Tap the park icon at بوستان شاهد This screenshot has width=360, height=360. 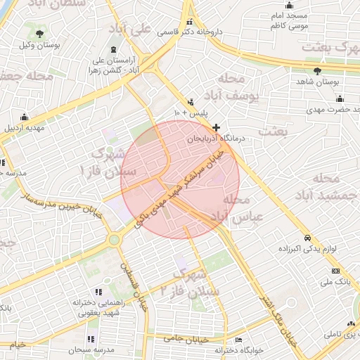[x=318, y=72]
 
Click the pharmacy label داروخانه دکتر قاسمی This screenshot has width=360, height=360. [x=186, y=32]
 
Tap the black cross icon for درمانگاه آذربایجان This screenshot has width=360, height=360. [x=216, y=128]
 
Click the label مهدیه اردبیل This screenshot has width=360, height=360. [x=26, y=129]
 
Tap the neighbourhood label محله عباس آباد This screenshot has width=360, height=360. [x=239, y=209]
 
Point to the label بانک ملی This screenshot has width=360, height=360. [x=335, y=282]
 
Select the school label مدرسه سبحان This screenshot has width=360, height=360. [x=91, y=349]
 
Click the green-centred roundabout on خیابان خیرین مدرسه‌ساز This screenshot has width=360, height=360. [x=114, y=240]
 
